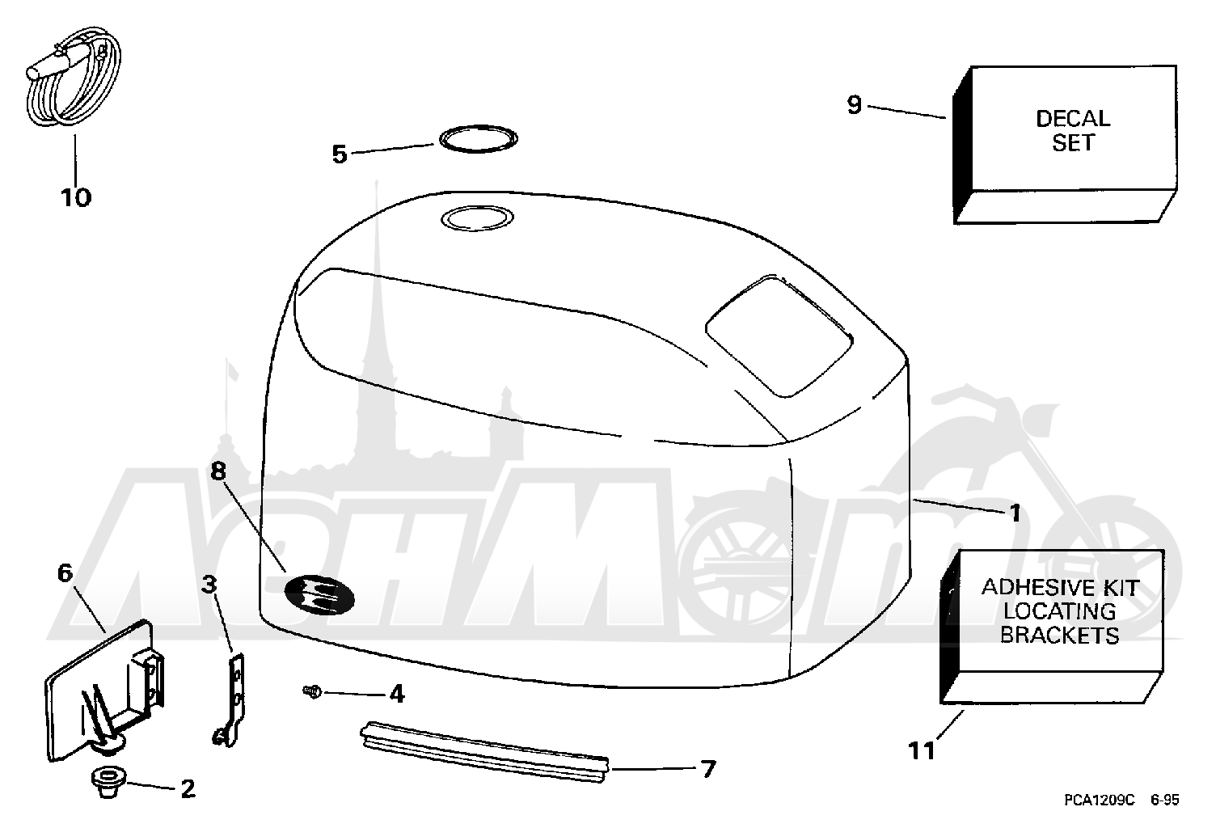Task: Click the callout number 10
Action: point(76,197)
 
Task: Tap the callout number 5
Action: point(340,154)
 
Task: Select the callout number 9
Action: point(855,105)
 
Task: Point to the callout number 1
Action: point(1015,513)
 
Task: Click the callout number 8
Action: point(218,471)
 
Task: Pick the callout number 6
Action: point(65,572)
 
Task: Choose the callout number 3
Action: point(209,585)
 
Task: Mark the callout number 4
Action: point(397,694)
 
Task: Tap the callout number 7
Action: point(708,769)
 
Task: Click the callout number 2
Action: point(188,789)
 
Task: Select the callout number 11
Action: point(922,751)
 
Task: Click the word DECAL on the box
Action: point(1073,119)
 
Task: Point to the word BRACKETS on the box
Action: point(1060,636)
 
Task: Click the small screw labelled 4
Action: point(312,691)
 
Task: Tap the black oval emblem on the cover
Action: point(319,594)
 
